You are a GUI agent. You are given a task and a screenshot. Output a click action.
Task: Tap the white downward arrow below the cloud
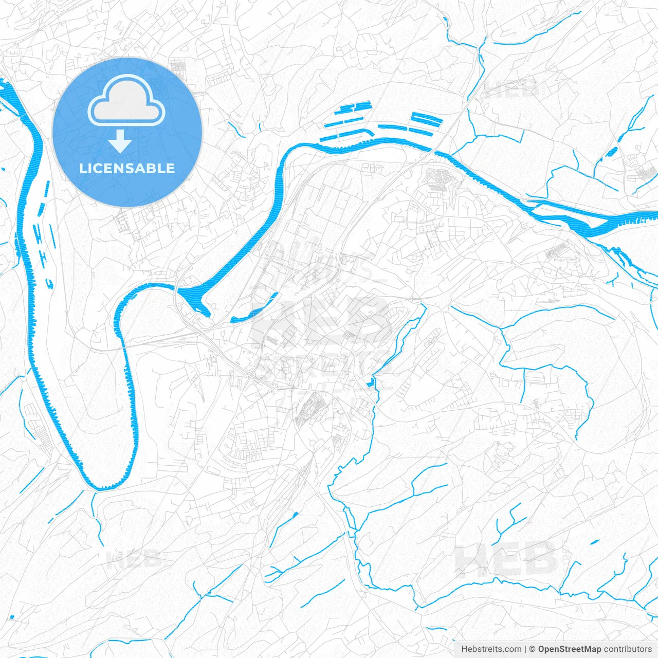(120, 141)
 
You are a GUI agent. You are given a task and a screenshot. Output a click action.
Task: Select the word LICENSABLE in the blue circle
(127, 168)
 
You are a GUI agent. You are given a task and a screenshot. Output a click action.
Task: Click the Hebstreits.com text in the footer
(491, 649)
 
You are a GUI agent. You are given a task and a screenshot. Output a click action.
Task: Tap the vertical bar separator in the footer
(525, 649)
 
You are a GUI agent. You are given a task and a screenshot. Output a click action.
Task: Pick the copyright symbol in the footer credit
(533, 649)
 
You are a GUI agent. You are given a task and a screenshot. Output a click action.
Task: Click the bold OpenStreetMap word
(570, 649)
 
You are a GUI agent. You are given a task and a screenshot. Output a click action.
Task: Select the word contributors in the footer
(628, 649)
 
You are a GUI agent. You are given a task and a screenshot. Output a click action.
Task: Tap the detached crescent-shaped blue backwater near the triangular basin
(254, 308)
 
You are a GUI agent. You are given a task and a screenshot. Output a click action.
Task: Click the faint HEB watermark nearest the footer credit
(506, 558)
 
